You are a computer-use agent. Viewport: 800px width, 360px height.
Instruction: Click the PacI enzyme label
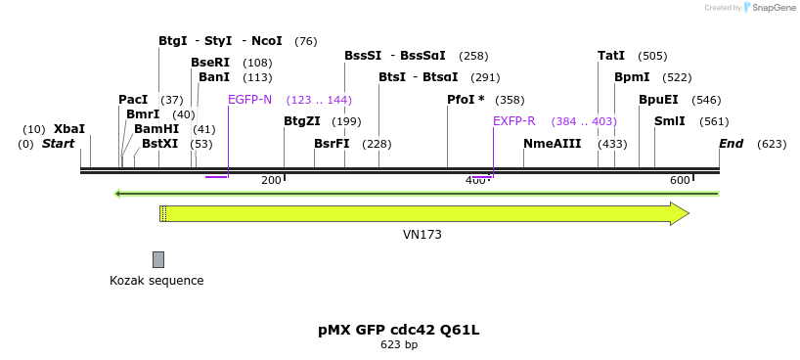132,100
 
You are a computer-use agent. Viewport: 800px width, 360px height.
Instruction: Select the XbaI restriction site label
68,129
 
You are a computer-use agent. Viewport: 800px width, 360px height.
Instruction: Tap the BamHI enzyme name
156,129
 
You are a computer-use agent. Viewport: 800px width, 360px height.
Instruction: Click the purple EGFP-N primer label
249,100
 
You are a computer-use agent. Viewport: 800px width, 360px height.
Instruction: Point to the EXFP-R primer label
513,121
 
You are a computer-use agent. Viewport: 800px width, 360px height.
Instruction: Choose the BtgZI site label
301,121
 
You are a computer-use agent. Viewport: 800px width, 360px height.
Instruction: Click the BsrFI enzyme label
332,144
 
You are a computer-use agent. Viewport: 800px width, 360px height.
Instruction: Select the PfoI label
466,100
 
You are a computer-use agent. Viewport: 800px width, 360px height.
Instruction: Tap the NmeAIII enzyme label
552,144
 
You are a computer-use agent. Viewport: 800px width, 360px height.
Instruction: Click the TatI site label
611,56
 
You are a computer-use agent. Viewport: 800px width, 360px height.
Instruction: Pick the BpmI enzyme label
632,77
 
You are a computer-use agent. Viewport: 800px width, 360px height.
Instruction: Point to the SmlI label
669,121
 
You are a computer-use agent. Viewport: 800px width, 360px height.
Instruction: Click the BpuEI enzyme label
658,100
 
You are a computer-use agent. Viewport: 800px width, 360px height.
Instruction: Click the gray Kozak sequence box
158,259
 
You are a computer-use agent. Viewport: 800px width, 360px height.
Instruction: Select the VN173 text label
422,235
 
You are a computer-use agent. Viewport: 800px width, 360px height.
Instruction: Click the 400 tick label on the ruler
475,180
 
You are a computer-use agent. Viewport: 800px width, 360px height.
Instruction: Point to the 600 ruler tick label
680,180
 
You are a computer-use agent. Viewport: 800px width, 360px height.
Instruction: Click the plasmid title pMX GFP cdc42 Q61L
399,330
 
